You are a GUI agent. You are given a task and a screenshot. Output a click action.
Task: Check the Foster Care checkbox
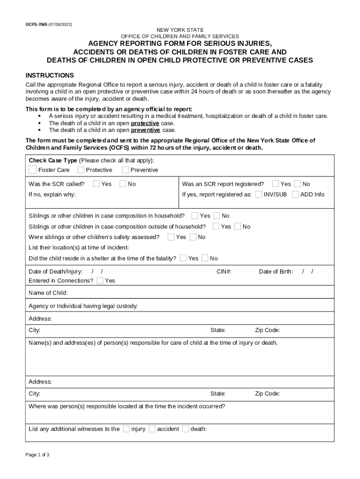32,169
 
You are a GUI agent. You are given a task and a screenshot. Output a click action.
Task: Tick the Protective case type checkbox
81,169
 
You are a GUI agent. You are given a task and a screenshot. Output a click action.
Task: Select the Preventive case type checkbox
125,169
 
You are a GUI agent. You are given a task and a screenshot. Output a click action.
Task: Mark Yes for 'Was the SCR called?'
96,183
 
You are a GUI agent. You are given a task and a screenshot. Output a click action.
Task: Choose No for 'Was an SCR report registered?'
297,183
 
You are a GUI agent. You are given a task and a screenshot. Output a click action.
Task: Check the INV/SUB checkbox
259,194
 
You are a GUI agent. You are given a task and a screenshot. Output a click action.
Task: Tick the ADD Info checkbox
295,194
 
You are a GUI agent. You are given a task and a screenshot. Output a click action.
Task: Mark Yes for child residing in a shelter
183,258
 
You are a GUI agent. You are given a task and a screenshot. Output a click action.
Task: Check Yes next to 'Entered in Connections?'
100,280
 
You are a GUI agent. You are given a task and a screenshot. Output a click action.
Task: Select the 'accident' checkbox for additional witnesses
152,428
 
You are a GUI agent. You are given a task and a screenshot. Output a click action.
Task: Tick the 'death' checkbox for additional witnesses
186,428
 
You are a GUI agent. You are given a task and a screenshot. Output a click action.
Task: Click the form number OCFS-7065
36,24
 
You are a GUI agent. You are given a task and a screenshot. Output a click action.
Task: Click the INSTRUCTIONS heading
50,75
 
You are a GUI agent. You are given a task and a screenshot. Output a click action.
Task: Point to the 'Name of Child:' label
48,293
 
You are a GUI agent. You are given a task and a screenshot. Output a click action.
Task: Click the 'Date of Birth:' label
276,271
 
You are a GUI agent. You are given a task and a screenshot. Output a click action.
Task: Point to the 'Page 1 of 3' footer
37,455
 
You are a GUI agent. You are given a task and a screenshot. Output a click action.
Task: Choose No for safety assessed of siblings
193,237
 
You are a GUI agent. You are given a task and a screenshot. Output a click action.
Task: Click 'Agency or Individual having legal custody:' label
83,306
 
